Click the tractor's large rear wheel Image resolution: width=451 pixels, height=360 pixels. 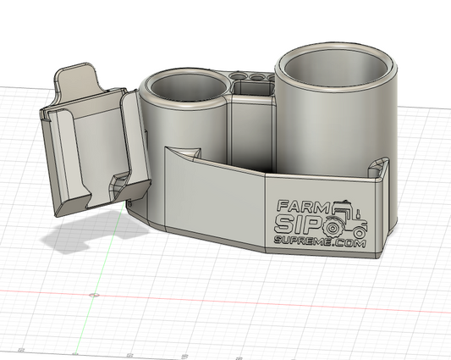(338, 226)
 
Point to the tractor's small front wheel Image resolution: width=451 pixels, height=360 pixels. (360, 230)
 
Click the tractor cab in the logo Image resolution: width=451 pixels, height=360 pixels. (344, 208)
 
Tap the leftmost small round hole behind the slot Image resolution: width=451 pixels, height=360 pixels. (238, 79)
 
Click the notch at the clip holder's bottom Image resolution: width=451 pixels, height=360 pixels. (118, 182)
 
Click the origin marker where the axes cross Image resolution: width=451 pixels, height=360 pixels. (93, 294)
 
